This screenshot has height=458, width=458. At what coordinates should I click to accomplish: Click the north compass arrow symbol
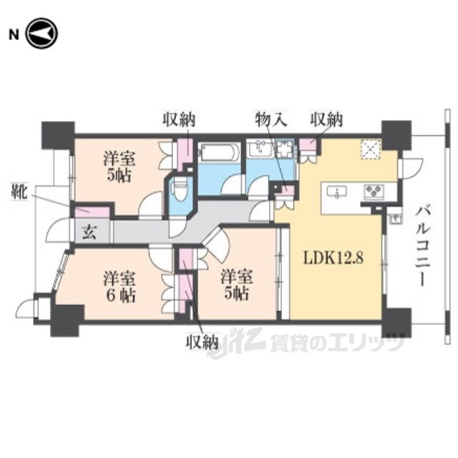point(42,34)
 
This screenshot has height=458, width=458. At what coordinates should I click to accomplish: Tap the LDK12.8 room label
point(333,258)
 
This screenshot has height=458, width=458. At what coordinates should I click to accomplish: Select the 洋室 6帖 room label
point(120,286)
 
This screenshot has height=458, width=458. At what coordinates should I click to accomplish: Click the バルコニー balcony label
point(423,246)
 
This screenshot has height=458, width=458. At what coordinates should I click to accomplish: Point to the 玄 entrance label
point(89,232)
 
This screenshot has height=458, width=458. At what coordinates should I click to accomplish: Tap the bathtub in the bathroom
point(218,152)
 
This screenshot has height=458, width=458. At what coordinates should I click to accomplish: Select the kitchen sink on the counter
point(337,192)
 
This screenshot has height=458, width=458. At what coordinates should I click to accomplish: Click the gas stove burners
point(374,192)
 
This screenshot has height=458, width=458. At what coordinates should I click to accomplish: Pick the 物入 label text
point(271,120)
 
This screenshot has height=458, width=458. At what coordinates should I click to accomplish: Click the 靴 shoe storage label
point(19,192)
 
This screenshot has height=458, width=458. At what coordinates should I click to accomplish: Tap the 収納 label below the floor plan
point(202,341)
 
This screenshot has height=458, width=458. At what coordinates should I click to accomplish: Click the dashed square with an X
point(371,150)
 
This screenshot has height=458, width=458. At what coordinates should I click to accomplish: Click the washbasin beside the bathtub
point(260,149)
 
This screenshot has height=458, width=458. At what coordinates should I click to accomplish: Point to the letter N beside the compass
point(14,35)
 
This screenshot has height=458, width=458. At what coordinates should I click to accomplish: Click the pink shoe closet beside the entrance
point(92,212)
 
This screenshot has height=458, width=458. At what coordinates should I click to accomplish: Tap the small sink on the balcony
point(396,218)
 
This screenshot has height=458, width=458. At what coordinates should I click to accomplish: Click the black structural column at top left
point(58,135)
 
